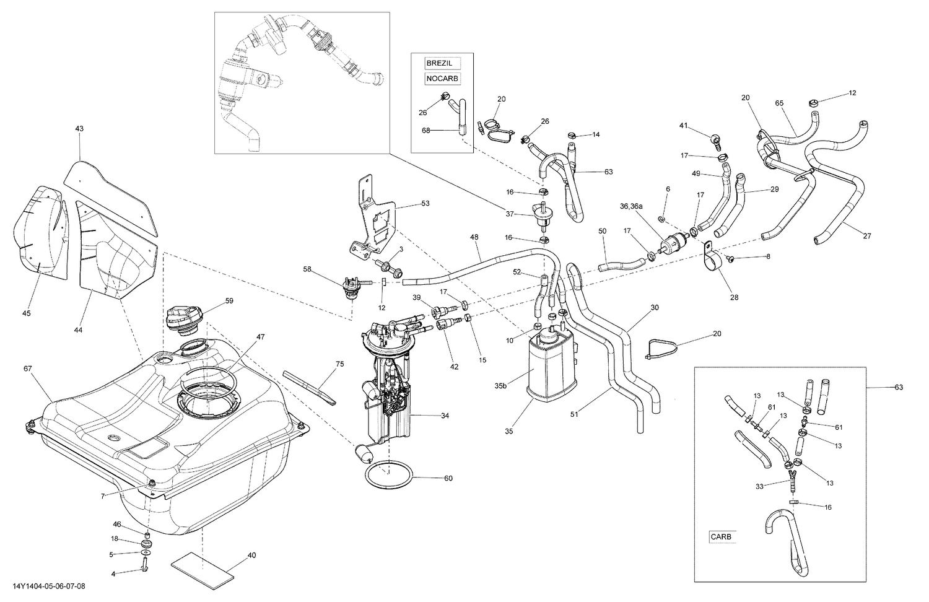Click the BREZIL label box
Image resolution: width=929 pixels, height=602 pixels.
tap(439, 63)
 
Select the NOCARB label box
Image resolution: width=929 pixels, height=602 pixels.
tap(442, 79)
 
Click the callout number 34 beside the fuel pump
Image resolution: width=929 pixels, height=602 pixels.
tap(445, 416)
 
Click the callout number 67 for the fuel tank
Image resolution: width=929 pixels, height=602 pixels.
tap(27, 369)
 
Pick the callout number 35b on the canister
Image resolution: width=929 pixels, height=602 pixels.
tap(500, 385)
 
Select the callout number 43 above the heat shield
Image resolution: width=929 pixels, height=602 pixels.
tap(79, 129)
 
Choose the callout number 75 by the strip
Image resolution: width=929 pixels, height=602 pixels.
tap(339, 365)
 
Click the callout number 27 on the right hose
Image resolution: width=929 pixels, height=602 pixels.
tap(866, 235)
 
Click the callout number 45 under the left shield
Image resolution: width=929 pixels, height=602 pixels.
tap(26, 313)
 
